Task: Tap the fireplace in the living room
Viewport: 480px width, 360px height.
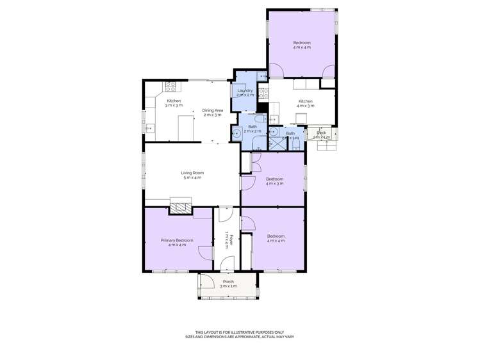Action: coord(181,206)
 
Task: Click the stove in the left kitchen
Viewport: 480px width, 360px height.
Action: coord(171,86)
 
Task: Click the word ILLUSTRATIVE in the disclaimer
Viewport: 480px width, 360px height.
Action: coord(236,332)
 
